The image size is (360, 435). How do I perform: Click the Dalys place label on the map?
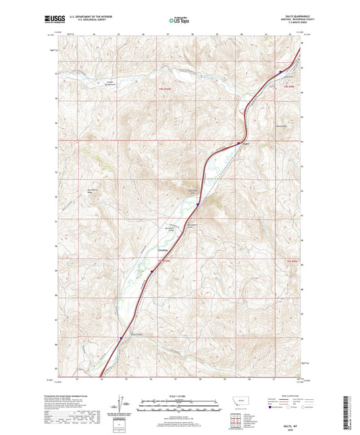click(x=247, y=143)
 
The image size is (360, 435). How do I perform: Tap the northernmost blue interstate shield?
click(x=280, y=71)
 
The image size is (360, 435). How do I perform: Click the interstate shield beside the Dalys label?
click(x=238, y=143)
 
